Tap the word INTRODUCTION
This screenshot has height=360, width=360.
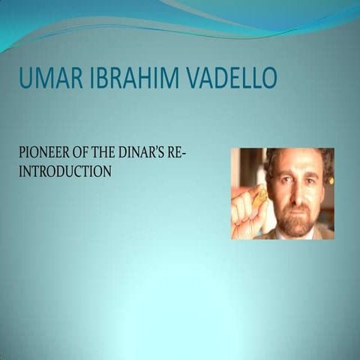coord(64,171)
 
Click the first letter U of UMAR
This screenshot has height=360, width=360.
coord(25,78)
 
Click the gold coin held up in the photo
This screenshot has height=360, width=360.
coord(259,196)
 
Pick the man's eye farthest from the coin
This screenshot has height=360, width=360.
coord(308,182)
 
